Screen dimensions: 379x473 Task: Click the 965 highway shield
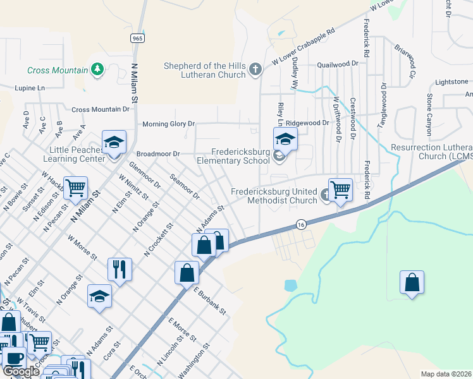137,39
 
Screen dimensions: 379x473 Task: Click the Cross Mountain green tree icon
97,68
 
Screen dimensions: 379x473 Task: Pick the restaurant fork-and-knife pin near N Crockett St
120,269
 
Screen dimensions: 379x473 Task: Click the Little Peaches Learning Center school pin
114,143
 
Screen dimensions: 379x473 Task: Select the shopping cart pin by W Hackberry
75,188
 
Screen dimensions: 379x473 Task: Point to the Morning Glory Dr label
168,124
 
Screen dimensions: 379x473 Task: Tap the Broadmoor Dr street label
158,153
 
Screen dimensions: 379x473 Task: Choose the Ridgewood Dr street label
308,123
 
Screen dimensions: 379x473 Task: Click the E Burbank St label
210,300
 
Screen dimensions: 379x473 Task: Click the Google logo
21,371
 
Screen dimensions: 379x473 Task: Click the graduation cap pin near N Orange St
99,296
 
